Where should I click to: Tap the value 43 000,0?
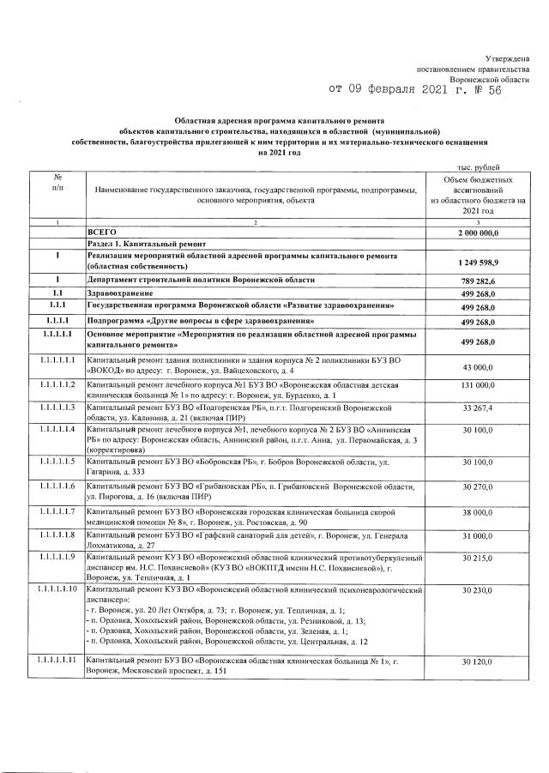[x=480, y=368]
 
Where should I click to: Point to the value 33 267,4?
[x=480, y=408]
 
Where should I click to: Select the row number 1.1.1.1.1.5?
[x=57, y=462]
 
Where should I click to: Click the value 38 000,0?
[x=480, y=511]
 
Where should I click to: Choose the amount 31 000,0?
[x=480, y=536]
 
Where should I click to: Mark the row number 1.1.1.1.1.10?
[x=57, y=590]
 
